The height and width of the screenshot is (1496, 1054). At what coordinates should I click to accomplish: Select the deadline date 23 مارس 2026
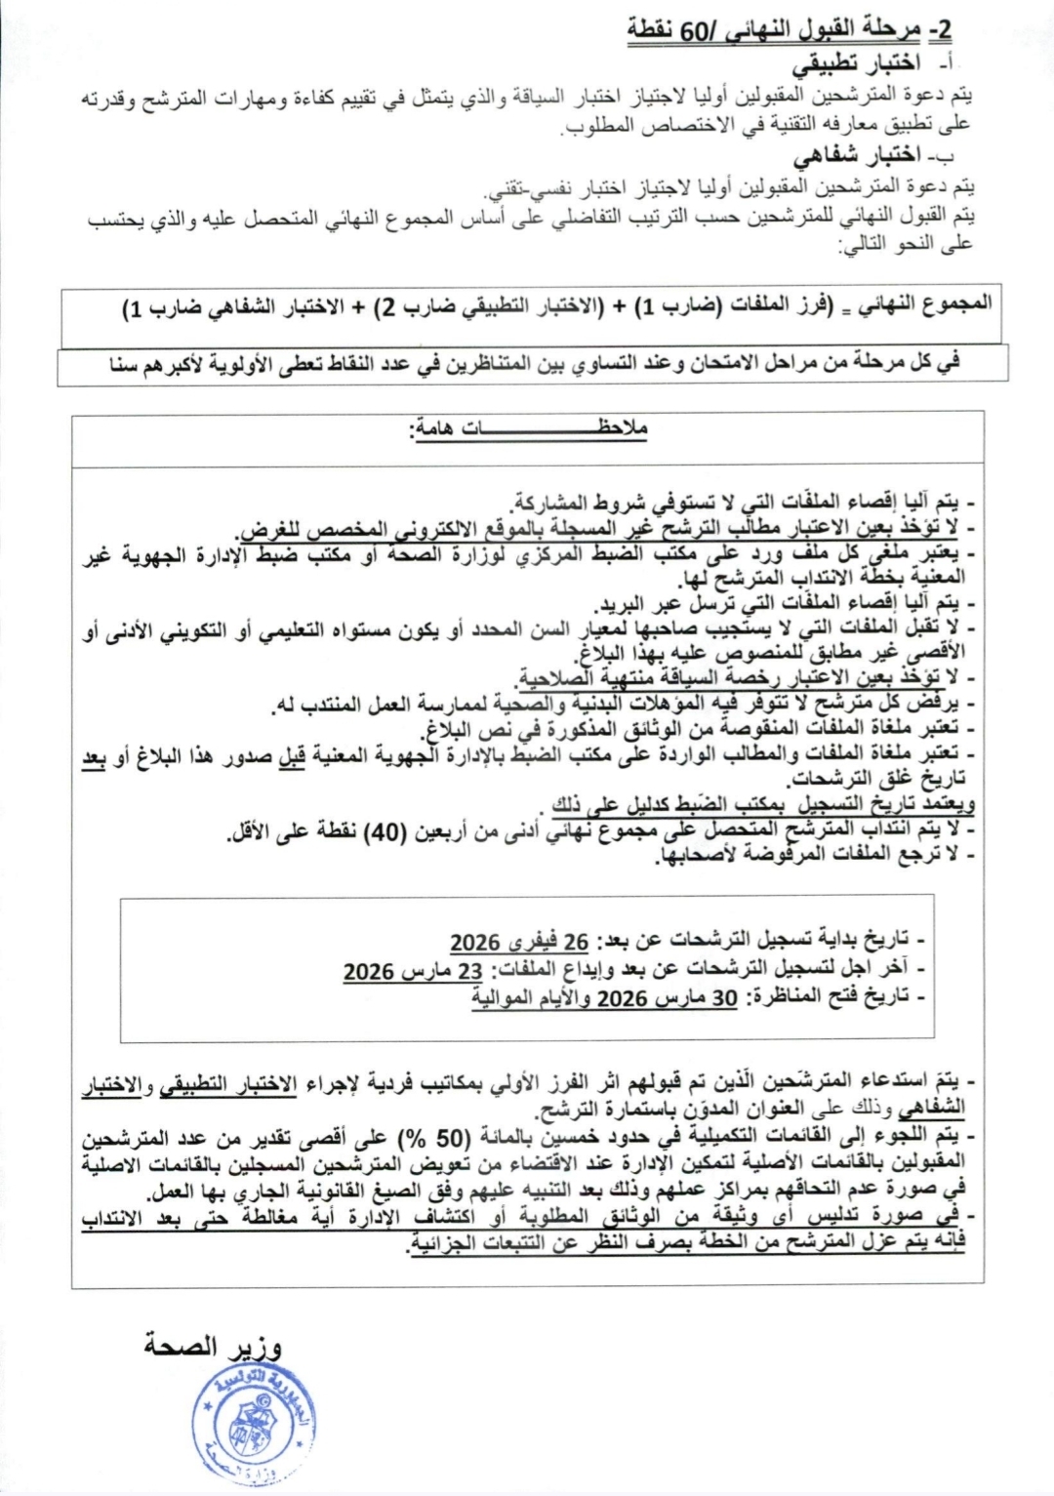pos(413,971)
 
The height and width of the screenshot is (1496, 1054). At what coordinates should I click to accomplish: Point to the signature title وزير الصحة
pos(213,1347)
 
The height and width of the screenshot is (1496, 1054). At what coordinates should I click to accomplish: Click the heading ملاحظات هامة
pos(527,428)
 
